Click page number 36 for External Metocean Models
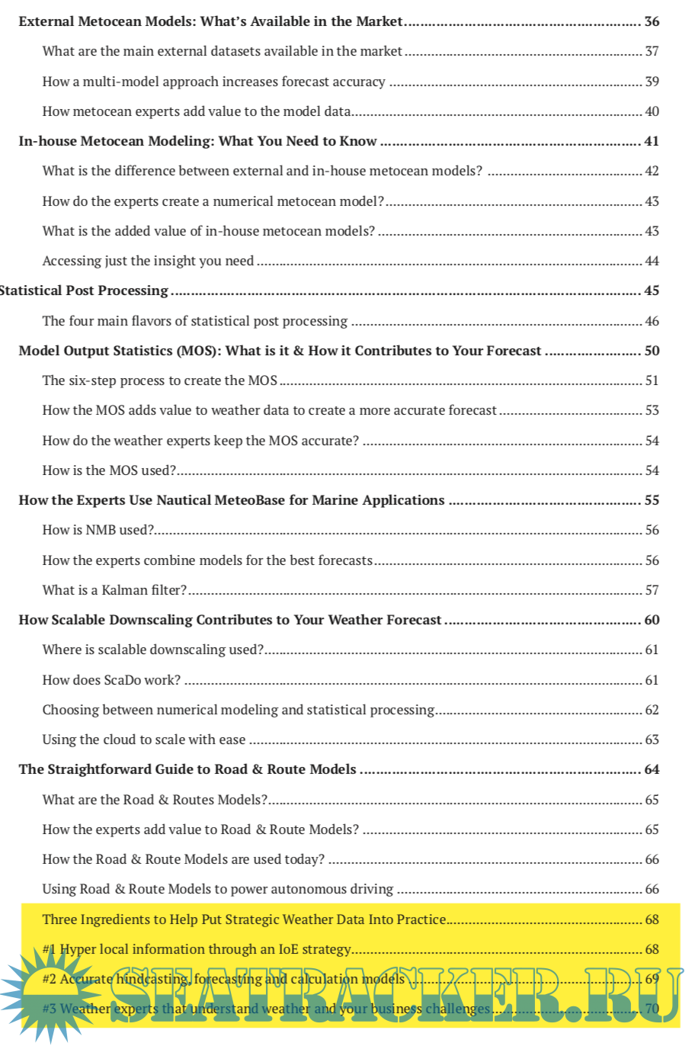pos(652,21)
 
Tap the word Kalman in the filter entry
pos(123,590)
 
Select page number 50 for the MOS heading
pos(652,351)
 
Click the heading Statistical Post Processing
pos(84,290)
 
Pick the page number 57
pos(652,590)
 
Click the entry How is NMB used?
pos(98,530)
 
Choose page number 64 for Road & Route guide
pos(652,769)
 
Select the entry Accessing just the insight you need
pos(148,261)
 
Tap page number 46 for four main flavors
pos(652,321)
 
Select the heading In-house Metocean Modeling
pos(197,141)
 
